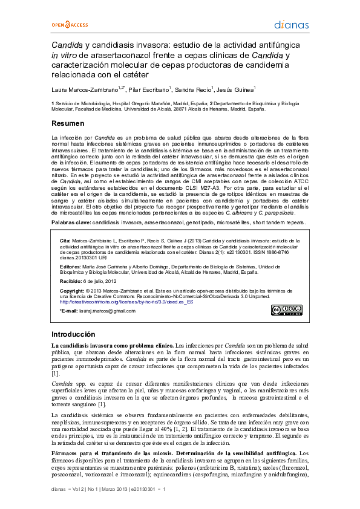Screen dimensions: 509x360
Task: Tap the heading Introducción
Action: (x=73, y=334)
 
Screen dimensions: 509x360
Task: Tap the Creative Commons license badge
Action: (x=284, y=310)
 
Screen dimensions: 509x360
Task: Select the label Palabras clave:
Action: (x=71, y=222)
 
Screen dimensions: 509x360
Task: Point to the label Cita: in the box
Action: (x=65, y=241)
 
